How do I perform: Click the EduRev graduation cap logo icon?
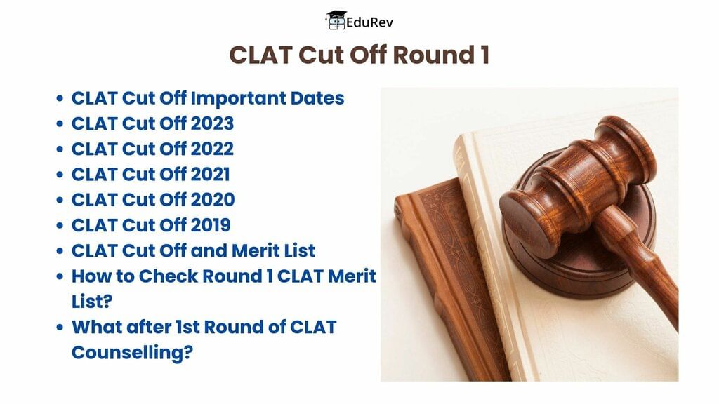[335, 20]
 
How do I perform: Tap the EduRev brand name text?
[369, 22]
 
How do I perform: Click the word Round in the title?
[433, 55]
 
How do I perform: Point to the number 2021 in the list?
[211, 174]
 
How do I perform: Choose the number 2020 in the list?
[213, 200]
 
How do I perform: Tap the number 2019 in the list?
[211, 225]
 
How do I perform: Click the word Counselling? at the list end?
[132, 353]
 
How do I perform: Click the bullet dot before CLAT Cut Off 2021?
[60, 175]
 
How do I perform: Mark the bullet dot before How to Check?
[60, 276]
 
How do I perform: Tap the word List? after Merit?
[92, 302]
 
